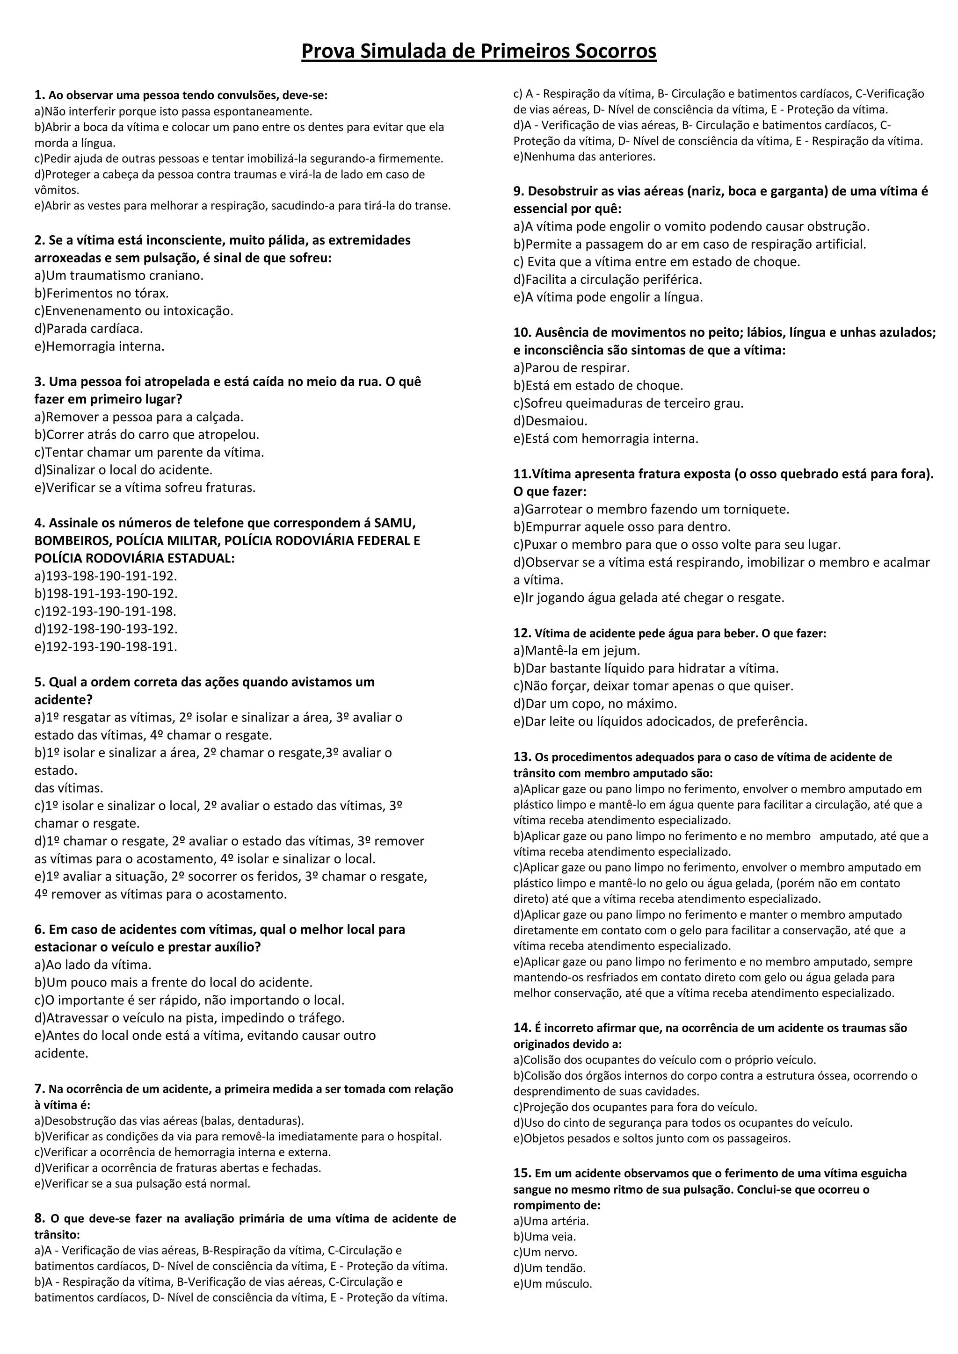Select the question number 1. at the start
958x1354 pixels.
[x=39, y=95]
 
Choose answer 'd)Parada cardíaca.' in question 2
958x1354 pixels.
[x=88, y=329]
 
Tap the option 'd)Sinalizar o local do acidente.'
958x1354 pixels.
[x=123, y=470]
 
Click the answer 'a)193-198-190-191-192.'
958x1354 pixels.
[x=106, y=576]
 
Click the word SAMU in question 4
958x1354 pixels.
[x=395, y=523]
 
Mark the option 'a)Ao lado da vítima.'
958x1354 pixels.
[x=93, y=965]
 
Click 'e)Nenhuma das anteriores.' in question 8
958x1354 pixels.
[x=584, y=157]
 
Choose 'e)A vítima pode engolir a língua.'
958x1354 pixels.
[x=608, y=297]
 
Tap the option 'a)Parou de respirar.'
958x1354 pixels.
[x=571, y=368]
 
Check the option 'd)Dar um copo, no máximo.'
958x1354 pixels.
[x=595, y=704]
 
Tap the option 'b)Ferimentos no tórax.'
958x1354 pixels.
[x=102, y=293]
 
